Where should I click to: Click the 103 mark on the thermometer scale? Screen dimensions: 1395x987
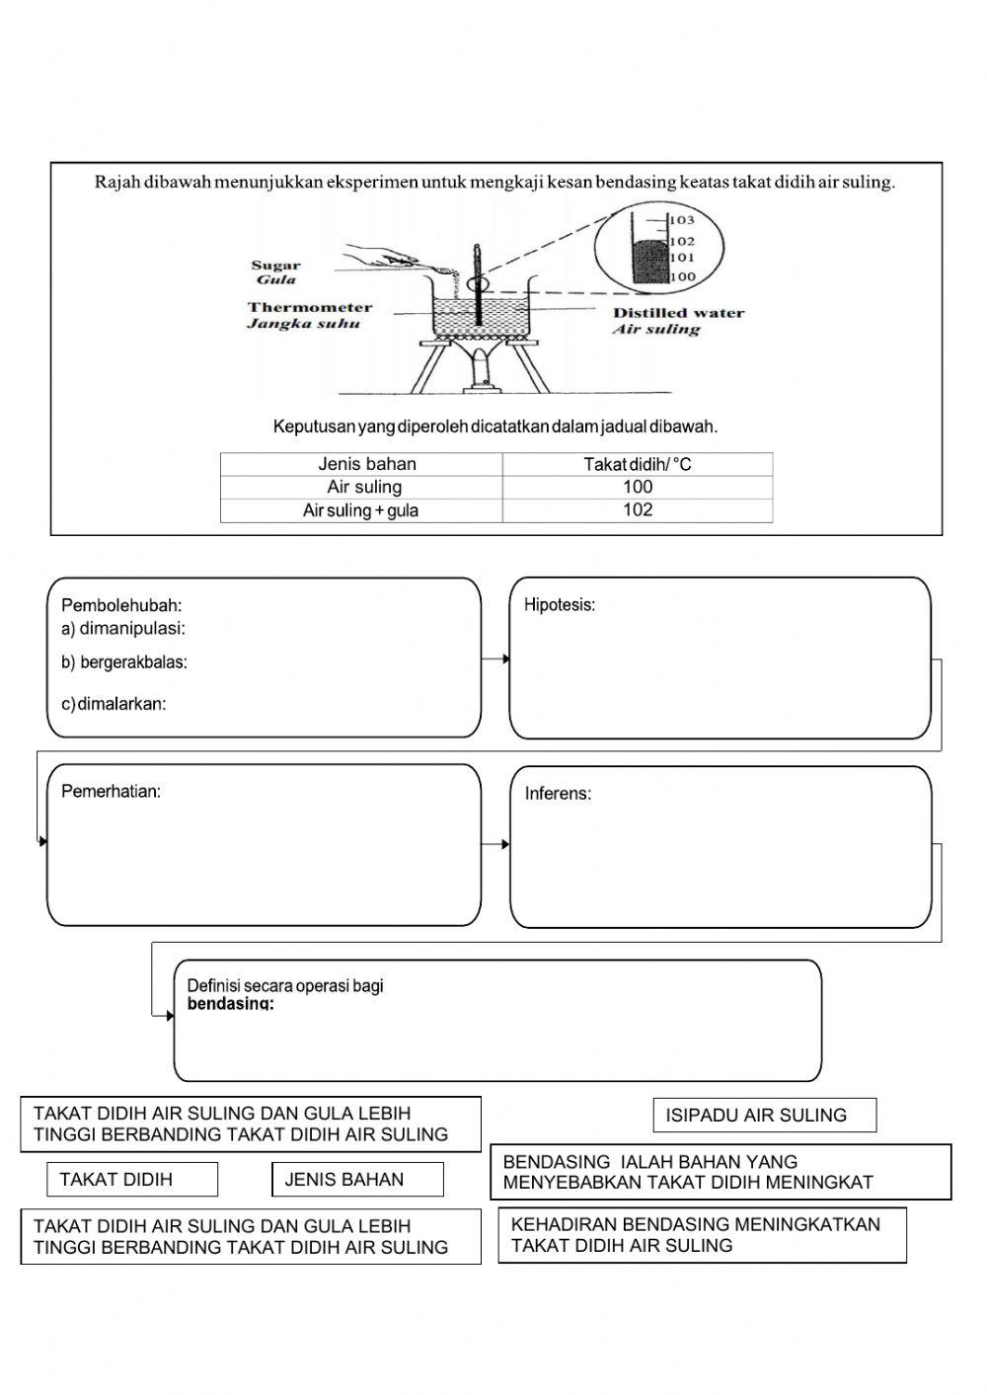(683, 220)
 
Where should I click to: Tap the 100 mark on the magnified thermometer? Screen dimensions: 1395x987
(683, 277)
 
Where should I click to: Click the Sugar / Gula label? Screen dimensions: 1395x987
(275, 271)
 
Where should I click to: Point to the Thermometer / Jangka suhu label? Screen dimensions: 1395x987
(309, 315)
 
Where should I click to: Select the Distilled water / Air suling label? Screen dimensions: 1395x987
(677, 321)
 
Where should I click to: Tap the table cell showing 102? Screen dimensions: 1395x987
(638, 510)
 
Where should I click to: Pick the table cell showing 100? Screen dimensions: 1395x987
(638, 487)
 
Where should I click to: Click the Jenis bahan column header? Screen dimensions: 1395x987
(366, 464)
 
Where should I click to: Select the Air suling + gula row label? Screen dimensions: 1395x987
(360, 510)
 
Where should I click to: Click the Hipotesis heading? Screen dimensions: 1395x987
(559, 605)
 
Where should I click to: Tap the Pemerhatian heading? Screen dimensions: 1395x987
(111, 791)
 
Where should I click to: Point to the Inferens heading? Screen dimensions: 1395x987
(558, 794)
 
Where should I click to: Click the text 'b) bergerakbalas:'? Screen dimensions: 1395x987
(124, 662)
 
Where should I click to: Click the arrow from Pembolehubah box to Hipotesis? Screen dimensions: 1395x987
(495, 659)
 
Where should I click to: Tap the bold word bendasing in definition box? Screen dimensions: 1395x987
(230, 1004)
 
